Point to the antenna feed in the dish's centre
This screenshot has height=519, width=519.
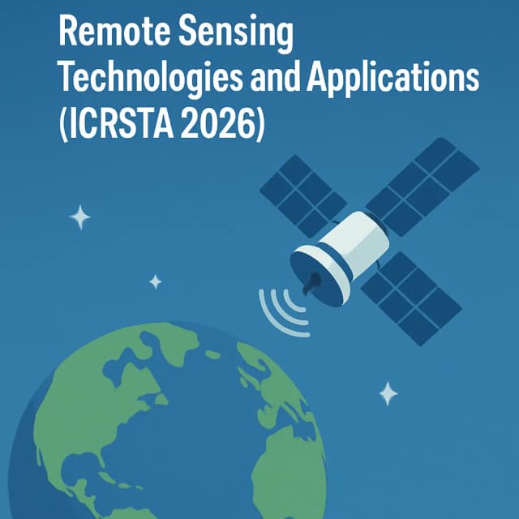pos(309,283)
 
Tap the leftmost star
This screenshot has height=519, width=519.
pos(79,217)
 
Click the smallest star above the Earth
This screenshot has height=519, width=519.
pos(155,281)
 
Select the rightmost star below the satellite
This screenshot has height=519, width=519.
pos(388,393)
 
